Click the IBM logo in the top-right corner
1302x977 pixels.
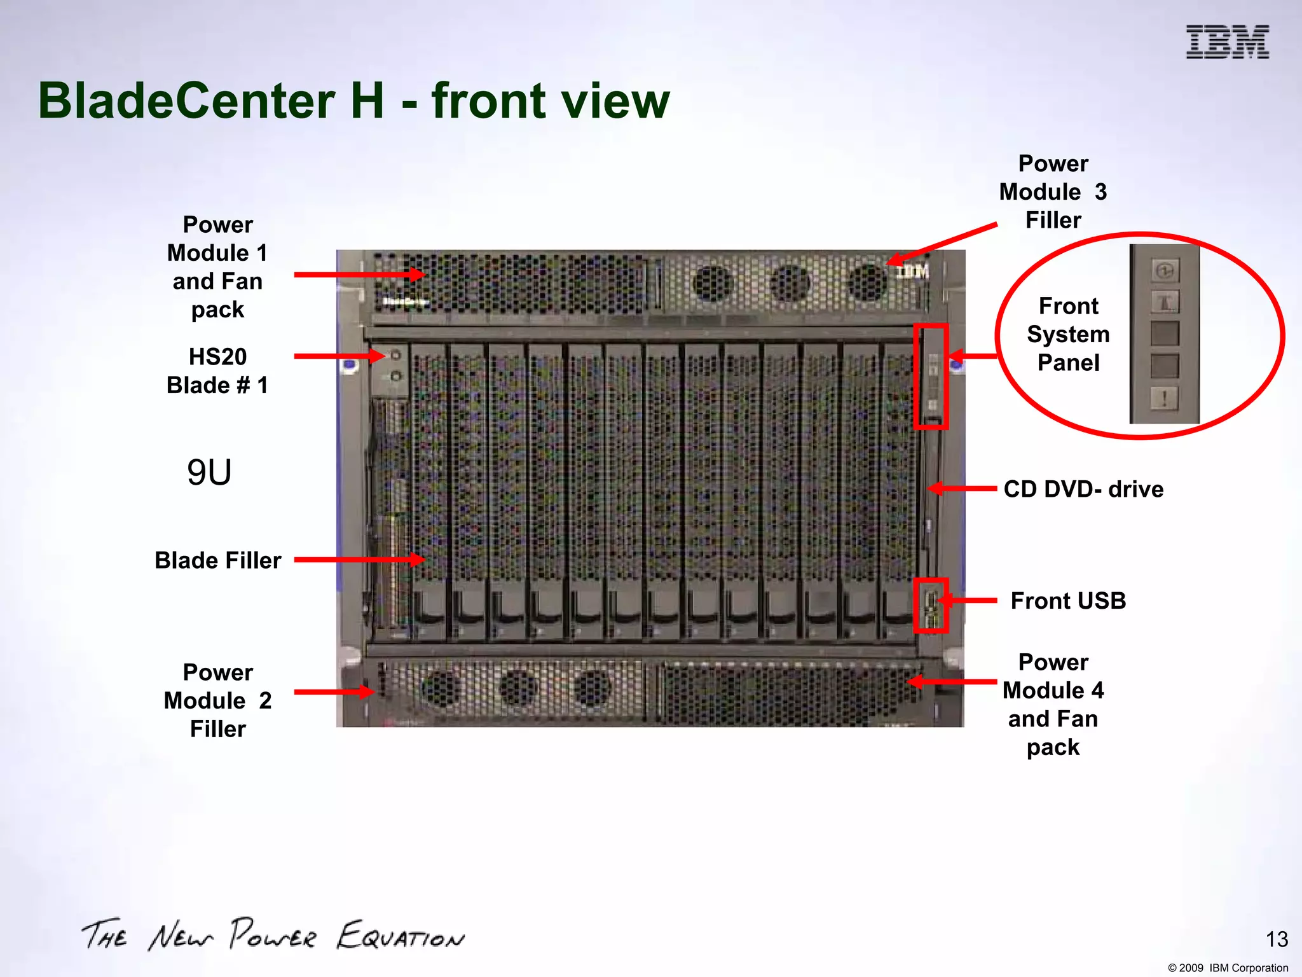point(1227,42)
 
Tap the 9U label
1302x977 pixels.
point(209,473)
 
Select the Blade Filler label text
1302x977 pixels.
point(217,560)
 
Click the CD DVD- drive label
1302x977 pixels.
point(1083,489)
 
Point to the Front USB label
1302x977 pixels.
point(1068,600)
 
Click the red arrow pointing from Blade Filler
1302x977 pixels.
point(359,560)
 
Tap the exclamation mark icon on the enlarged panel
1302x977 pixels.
point(1164,399)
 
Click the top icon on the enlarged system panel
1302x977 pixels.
point(1164,270)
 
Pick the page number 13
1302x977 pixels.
point(1277,939)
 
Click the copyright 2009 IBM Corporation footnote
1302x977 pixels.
point(1228,968)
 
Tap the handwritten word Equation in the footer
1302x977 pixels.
point(401,936)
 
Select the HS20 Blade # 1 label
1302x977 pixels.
point(217,371)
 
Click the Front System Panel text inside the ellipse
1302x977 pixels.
point(1068,334)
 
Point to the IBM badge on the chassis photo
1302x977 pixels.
point(912,272)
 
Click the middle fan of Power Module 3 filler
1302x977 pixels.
point(790,282)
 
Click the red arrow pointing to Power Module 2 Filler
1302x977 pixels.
point(334,691)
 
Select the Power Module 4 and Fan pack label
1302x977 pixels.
point(1053,704)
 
